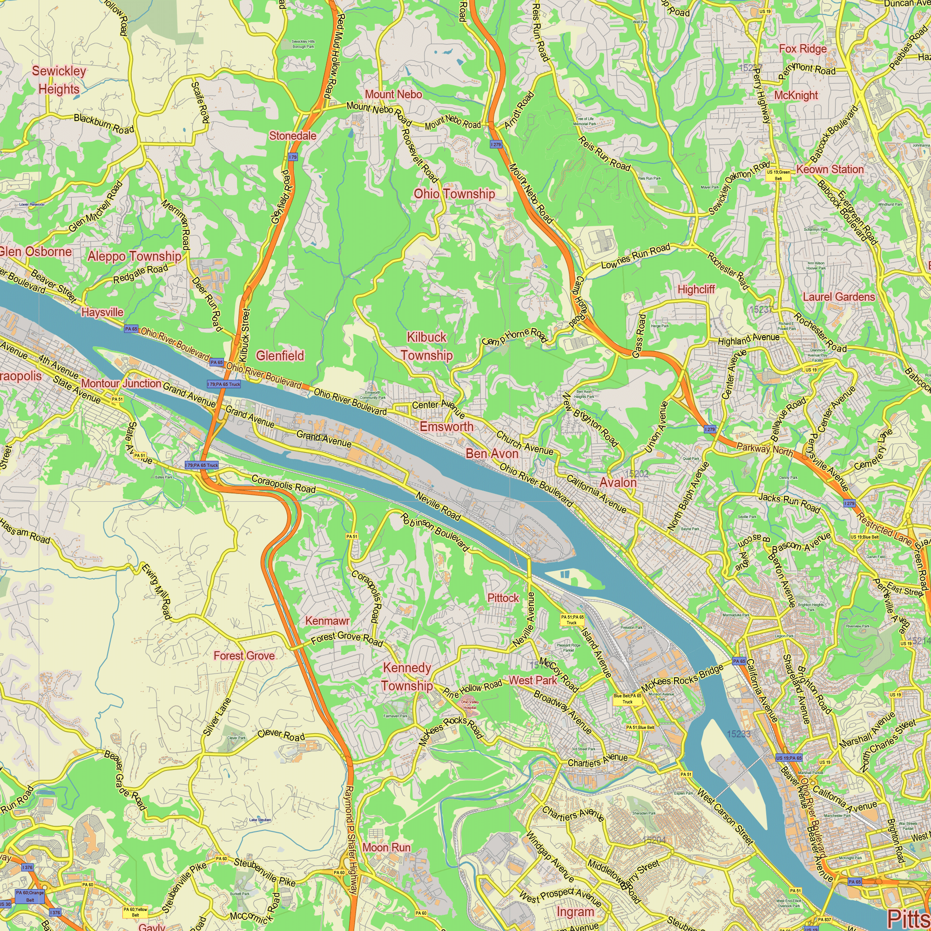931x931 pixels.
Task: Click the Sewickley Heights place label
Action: pyautogui.click(x=59, y=80)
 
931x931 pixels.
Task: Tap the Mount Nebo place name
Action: pyautogui.click(x=393, y=94)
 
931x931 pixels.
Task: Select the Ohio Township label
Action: pyautogui.click(x=454, y=194)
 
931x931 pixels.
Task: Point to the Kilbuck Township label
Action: pyautogui.click(x=426, y=346)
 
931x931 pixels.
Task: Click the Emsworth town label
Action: pyautogui.click(x=446, y=426)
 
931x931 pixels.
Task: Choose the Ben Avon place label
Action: pyautogui.click(x=492, y=453)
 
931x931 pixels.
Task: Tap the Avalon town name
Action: pyautogui.click(x=618, y=482)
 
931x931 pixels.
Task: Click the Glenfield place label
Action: pyautogui.click(x=280, y=356)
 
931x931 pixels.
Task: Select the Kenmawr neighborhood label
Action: pyautogui.click(x=327, y=621)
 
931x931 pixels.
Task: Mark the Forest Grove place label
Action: pyautogui.click(x=244, y=655)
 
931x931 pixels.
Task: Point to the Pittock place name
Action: pyautogui.click(x=503, y=598)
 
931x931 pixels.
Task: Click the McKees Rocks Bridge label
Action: pyautogui.click(x=682, y=678)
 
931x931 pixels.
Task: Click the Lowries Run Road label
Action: pyautogui.click(x=635, y=257)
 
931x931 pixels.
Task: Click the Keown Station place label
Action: pyautogui.click(x=830, y=169)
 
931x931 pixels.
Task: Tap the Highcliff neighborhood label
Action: pyautogui.click(x=696, y=289)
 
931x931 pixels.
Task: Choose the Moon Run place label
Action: pyautogui.click(x=386, y=847)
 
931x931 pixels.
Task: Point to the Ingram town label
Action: pyautogui.click(x=575, y=912)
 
